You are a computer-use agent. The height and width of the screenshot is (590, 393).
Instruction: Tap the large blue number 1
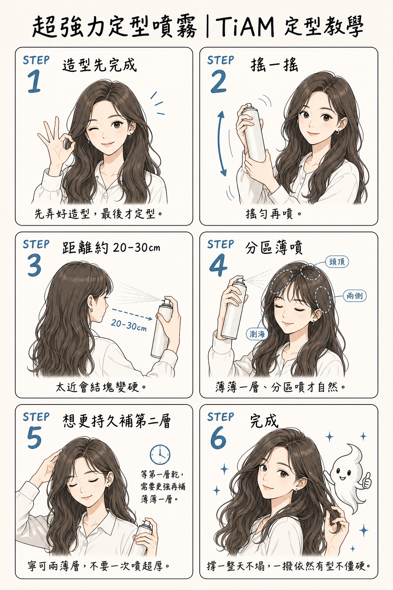tap(34, 82)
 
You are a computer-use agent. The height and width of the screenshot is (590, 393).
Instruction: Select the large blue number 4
tap(218, 265)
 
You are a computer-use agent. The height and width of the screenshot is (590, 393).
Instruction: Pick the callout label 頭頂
tap(337, 262)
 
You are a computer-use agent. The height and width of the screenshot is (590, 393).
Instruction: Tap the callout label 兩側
tap(355, 296)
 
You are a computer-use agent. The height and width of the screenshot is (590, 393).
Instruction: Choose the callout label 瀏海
tap(257, 334)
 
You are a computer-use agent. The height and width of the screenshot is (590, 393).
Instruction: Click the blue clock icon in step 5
tap(160, 455)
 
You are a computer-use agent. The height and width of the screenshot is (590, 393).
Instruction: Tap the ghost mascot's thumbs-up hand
tap(366, 480)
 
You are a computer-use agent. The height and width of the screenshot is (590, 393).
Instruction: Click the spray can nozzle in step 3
tap(167, 301)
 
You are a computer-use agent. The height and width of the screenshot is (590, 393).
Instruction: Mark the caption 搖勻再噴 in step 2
tap(269, 214)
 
